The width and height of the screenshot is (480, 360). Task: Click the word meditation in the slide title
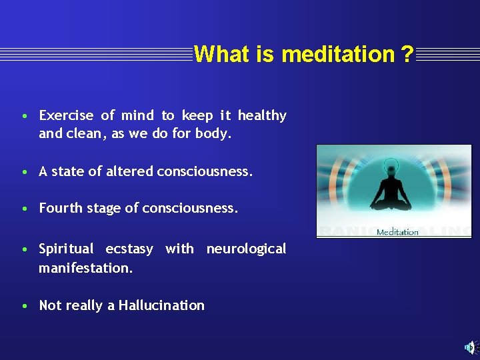(x=339, y=54)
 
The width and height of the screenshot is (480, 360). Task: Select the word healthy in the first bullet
(x=262, y=116)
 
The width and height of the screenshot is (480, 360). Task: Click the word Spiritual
(x=66, y=249)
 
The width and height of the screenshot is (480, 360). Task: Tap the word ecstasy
(x=129, y=249)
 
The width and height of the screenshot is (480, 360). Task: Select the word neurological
(x=246, y=249)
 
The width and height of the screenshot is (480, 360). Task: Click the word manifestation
(x=85, y=268)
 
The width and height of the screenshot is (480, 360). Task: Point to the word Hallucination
(x=161, y=305)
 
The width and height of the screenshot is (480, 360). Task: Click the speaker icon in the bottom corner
(x=470, y=347)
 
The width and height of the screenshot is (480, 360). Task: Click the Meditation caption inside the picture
(x=397, y=232)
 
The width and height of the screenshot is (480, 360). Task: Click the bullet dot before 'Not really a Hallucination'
(x=24, y=306)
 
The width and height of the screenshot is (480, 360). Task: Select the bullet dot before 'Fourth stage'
(x=24, y=209)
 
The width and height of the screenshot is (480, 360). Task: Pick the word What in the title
(x=214, y=54)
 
